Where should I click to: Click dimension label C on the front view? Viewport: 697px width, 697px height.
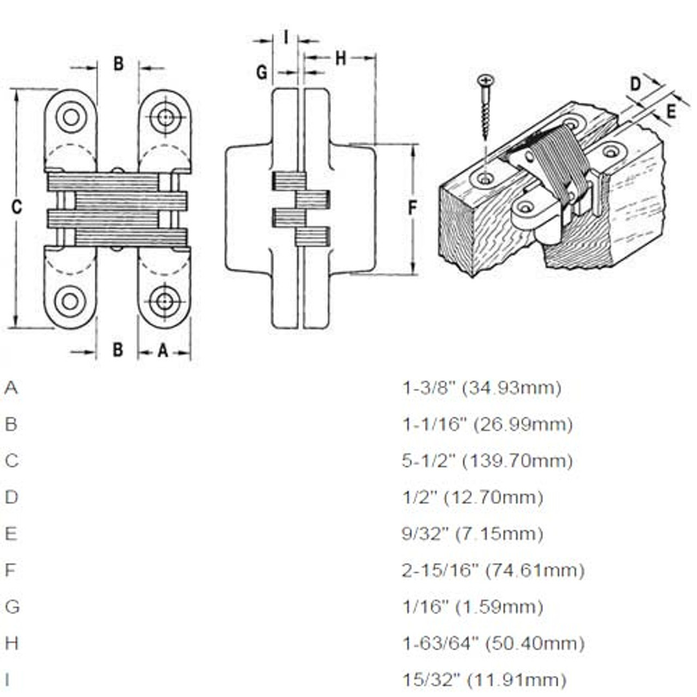17,207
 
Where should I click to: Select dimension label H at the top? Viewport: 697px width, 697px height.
340,58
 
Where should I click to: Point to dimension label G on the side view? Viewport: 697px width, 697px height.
262,72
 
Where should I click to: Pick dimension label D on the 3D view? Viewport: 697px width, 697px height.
635,84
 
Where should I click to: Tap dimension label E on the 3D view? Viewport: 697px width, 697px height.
671,111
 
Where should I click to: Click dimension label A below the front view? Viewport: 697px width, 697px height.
163,351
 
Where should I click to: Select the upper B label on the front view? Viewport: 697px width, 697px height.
118,64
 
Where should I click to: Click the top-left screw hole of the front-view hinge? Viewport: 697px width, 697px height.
71,117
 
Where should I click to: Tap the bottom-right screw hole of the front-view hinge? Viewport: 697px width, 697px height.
164,301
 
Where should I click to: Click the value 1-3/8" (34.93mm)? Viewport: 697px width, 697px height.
481,388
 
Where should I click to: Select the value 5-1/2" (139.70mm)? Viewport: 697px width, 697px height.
487,461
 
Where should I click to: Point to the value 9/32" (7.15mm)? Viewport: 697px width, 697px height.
472,534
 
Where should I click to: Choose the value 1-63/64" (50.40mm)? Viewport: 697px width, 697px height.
493,644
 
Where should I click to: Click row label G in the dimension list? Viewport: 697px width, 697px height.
12,607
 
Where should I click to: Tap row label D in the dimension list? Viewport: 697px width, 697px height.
11,497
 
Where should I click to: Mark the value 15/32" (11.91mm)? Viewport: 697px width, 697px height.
484,680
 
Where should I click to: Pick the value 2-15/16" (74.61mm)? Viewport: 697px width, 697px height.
493,571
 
